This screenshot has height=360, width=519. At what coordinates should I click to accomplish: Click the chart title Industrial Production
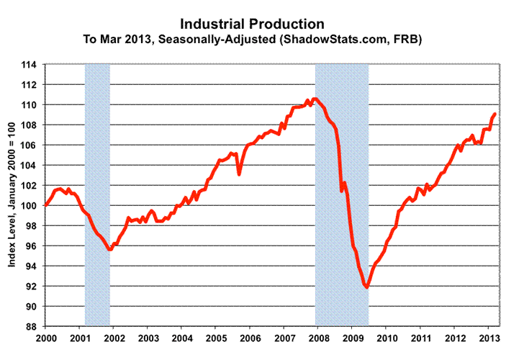click(261, 25)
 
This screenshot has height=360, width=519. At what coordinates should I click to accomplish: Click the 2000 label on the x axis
click(46, 337)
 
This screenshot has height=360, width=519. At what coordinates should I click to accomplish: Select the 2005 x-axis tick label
click(216, 337)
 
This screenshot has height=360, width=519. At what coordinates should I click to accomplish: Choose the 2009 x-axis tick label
click(352, 337)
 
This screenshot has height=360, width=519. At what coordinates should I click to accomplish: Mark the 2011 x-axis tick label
click(420, 337)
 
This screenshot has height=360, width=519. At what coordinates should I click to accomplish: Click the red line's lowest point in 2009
click(367, 287)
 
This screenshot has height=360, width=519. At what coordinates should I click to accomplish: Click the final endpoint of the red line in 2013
click(495, 114)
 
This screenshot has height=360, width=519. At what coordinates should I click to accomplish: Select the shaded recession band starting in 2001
click(97, 194)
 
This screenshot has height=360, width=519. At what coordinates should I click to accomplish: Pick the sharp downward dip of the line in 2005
click(239, 174)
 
